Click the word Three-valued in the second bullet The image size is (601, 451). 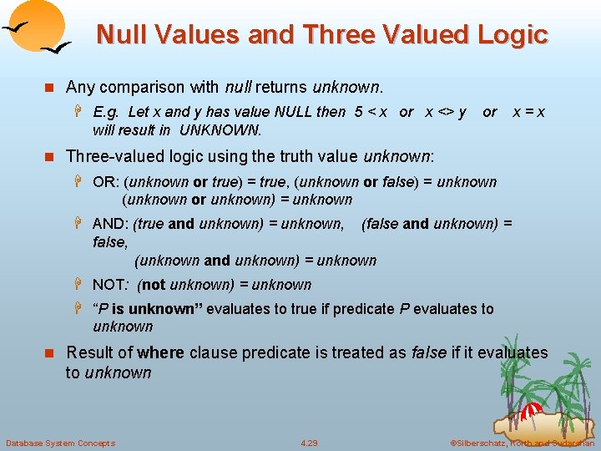pos(111,156)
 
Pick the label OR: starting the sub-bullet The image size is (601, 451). pos(104,182)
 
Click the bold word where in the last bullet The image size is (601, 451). pos(161,352)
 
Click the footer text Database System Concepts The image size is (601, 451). pos(60,443)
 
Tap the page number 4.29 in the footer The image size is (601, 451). pos(309,443)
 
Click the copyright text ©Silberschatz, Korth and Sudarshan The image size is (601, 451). pos(522,443)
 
